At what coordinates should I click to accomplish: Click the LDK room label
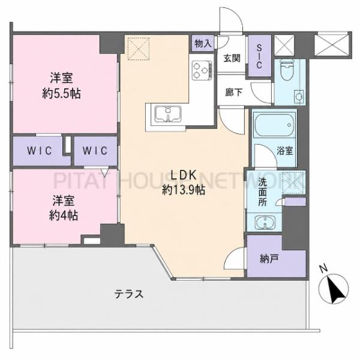[184, 175]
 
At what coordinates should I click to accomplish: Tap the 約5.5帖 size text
[62, 94]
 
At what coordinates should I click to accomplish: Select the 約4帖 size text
[64, 215]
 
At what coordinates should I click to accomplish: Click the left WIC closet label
[40, 151]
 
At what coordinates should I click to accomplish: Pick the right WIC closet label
[95, 151]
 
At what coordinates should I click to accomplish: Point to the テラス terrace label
[129, 294]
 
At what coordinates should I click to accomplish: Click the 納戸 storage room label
[269, 259]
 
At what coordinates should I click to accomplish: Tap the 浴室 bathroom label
[284, 151]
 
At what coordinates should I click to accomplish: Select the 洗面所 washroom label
[263, 193]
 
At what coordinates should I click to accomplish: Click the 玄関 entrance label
[232, 58]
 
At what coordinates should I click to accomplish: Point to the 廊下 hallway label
[234, 92]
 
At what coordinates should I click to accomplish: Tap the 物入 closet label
[203, 43]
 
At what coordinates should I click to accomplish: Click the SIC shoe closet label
[259, 57]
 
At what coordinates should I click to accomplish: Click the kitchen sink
[168, 114]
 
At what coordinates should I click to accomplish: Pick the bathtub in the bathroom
[275, 125]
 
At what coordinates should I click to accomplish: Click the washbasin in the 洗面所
[265, 222]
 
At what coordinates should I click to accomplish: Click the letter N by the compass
[324, 269]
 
